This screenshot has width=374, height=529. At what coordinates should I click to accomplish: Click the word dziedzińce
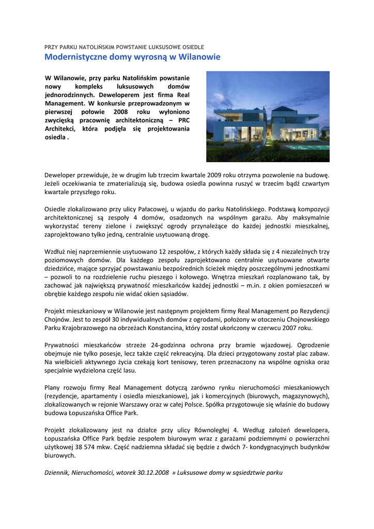60,268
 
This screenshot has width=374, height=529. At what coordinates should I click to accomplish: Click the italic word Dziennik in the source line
57,472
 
